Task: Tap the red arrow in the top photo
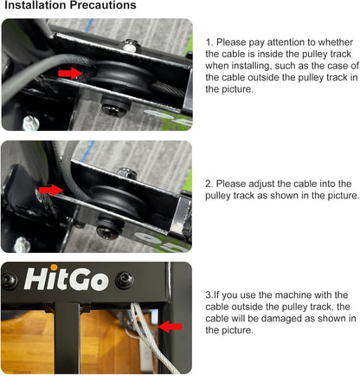(70, 74)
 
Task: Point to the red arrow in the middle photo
(51, 189)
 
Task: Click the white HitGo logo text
(63, 280)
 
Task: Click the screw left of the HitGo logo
(10, 280)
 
